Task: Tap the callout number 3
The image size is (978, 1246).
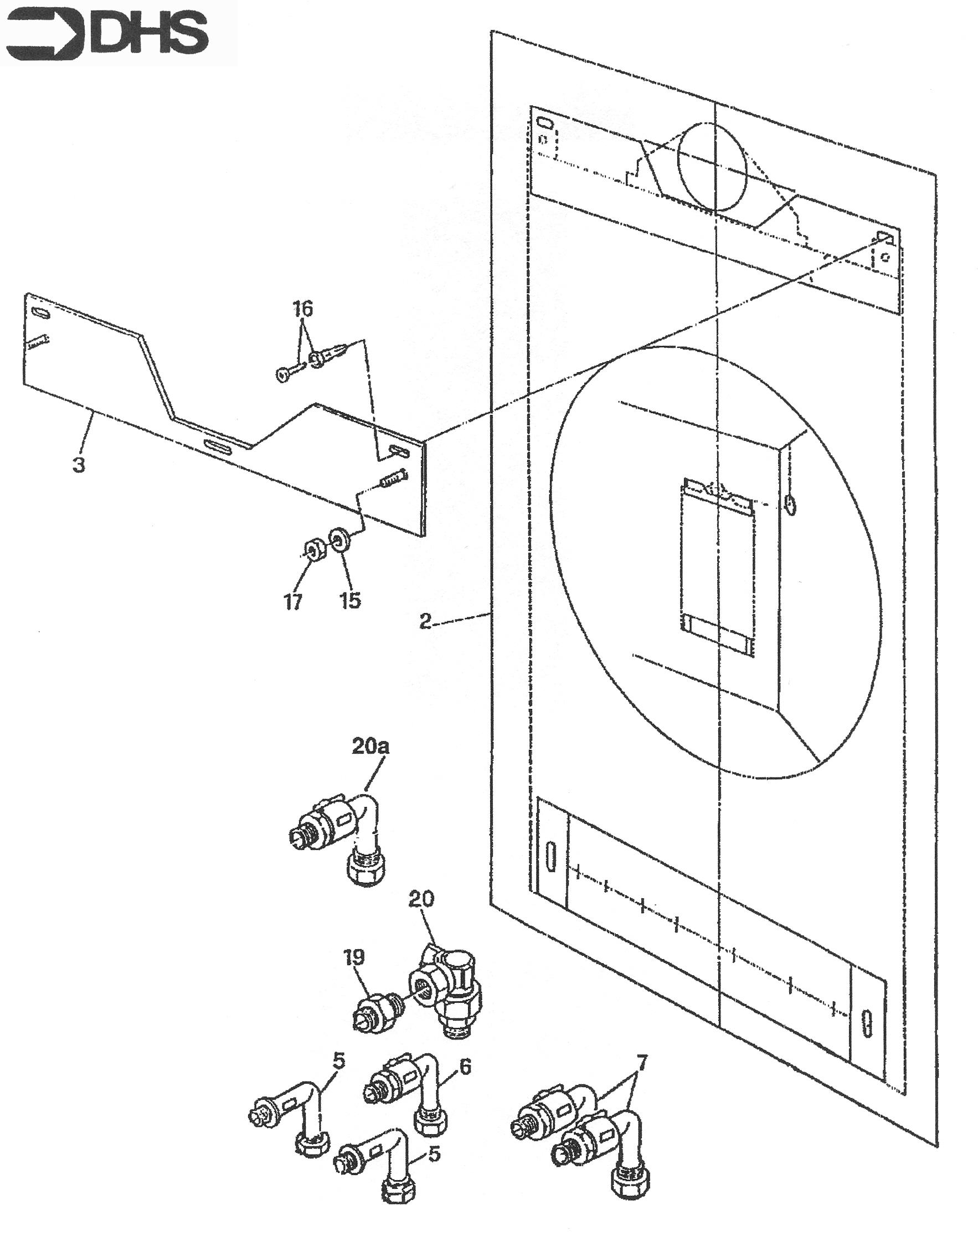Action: [x=79, y=465]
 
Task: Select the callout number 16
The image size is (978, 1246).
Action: [x=303, y=309]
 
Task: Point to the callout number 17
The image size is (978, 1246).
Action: [x=293, y=602]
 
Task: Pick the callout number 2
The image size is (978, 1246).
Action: [x=425, y=621]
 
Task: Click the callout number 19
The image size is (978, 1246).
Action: [x=354, y=957]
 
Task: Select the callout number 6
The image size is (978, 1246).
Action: [x=465, y=1067]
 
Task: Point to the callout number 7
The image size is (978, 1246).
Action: [x=641, y=1063]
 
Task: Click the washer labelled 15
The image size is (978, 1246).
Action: [x=339, y=539]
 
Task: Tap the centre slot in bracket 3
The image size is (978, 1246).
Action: [x=220, y=447]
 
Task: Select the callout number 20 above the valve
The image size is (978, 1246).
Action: [x=421, y=898]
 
